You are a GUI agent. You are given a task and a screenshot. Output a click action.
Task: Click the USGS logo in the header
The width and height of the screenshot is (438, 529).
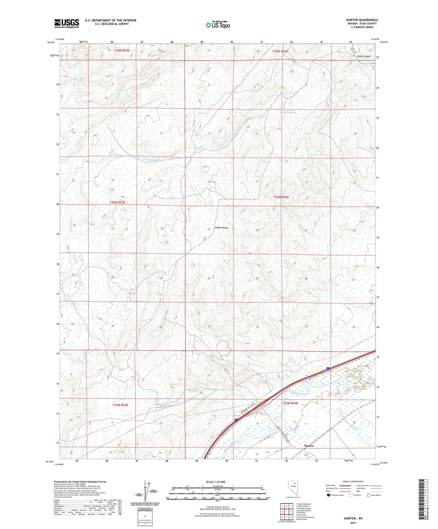(x=66, y=23)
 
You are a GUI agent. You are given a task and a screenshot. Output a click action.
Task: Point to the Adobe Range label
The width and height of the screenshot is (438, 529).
(x=221, y=228)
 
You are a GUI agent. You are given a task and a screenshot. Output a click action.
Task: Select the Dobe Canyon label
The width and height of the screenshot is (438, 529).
(x=364, y=56)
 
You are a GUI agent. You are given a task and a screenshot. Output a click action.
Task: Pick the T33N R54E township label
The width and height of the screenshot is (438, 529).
(x=290, y=403)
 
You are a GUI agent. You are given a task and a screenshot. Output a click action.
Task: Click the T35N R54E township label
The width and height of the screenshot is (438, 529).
(x=280, y=52)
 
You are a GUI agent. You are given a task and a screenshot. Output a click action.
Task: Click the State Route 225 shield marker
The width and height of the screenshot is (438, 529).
(x=352, y=49)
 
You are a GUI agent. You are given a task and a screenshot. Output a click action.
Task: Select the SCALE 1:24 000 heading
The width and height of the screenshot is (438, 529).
(x=216, y=482)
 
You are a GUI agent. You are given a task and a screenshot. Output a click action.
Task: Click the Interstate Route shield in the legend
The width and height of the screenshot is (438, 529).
(x=329, y=495)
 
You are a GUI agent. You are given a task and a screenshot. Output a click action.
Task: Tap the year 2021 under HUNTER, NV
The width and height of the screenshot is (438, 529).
(x=353, y=523)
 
